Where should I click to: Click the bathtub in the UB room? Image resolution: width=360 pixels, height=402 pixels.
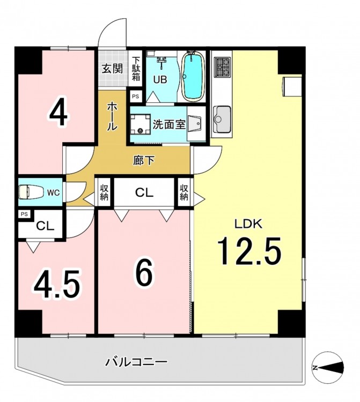click(193, 76)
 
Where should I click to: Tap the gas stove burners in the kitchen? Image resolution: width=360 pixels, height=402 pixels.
click(223, 67)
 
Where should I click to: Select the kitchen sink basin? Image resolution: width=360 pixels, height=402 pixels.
click(222, 119)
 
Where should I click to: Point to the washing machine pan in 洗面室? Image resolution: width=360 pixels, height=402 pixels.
click(140, 124)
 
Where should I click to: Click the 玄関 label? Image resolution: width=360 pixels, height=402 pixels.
click(112, 69)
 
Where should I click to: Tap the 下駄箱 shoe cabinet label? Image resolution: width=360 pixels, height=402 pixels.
click(136, 68)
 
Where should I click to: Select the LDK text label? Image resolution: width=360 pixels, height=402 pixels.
click(248, 224)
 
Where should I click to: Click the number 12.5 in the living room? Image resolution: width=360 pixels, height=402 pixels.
click(249, 251)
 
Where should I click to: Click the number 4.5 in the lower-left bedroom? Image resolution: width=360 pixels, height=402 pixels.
click(56, 284)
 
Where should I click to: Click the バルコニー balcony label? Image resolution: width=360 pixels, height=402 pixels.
click(136, 362)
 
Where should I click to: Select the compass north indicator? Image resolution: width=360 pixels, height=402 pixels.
click(328, 367)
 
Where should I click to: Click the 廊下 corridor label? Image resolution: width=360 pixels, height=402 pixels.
click(144, 161)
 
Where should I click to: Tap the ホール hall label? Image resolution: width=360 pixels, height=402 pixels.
click(112, 116)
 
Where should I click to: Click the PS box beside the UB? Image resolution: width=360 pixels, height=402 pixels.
click(136, 96)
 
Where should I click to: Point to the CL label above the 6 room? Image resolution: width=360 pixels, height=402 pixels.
click(144, 192)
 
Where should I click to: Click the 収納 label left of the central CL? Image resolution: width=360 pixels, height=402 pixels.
click(105, 192)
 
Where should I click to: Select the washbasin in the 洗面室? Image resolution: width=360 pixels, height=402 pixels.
click(195, 124)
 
